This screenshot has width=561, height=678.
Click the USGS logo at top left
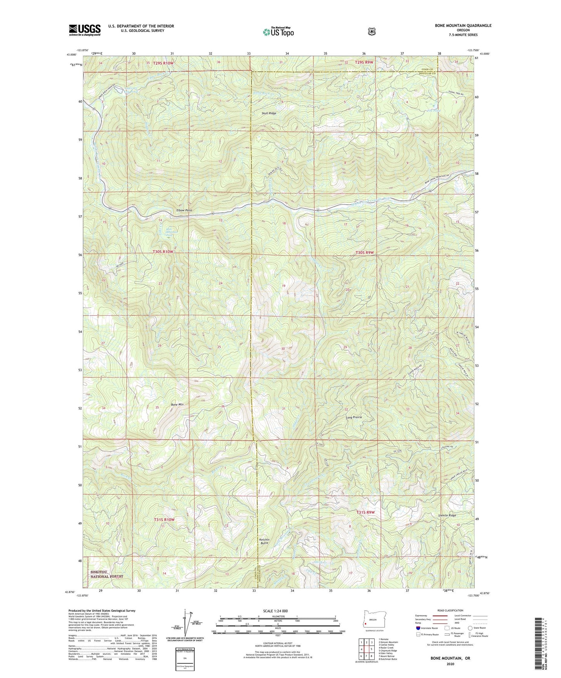tap(85, 30)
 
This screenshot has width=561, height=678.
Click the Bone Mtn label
tap(177, 405)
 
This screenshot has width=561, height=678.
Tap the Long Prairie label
tap(354, 417)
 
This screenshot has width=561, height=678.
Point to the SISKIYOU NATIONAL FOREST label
tap(106, 574)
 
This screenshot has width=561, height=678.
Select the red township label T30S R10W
tap(163, 252)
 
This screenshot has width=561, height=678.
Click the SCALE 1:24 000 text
tap(275, 611)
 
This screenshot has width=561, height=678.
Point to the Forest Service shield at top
tap(372, 31)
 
